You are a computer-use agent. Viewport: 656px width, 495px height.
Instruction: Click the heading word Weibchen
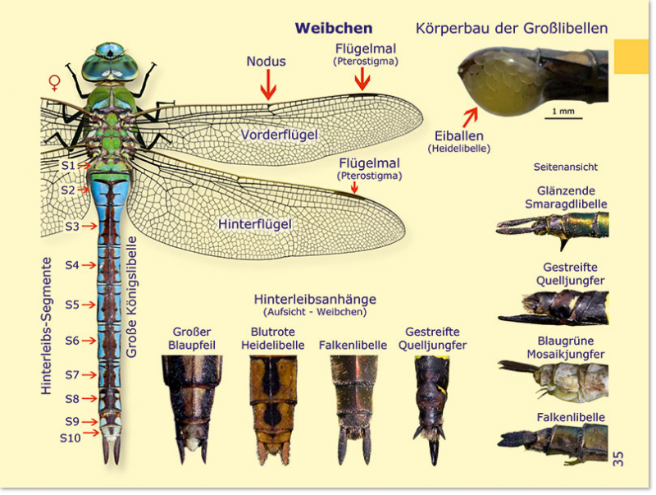tap(334, 29)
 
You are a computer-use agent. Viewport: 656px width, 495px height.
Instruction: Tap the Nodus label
tap(266, 62)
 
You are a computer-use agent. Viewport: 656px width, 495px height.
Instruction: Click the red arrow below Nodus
tap(268, 85)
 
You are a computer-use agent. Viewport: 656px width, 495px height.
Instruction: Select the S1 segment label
tap(68, 165)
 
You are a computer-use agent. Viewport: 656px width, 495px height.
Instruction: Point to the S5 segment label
tap(72, 305)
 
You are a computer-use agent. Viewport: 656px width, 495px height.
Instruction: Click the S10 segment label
tap(71, 438)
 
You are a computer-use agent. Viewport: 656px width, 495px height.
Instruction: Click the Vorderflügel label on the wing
tap(279, 135)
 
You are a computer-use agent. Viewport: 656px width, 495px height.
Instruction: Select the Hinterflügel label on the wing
tap(255, 223)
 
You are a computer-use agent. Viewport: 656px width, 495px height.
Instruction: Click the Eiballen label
tap(458, 136)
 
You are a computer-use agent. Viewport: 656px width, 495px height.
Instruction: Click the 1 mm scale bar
tap(562, 118)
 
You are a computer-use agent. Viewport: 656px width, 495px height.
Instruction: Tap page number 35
tap(618, 458)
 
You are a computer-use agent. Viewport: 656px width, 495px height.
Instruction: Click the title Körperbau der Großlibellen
tap(512, 29)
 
